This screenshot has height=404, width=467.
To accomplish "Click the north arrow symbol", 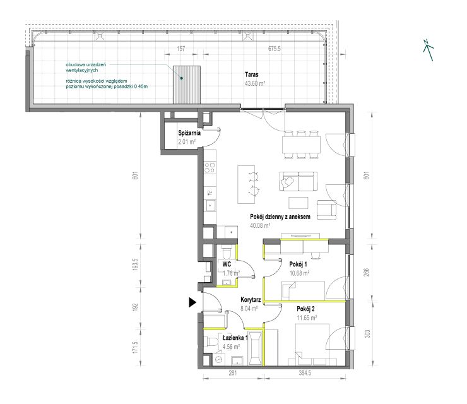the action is pos(429,50).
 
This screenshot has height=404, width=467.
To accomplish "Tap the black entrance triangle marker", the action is pos(192,302).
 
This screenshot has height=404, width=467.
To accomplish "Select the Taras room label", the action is pos(252,74).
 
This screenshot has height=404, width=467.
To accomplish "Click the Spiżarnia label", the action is pos(189,133).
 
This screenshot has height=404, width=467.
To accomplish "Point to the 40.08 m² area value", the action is pos(260,225).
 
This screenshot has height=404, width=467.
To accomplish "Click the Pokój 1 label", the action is pos(298,264).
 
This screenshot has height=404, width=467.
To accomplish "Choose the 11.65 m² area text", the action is pos(307,318).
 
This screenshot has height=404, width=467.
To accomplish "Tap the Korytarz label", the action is pos(251,300).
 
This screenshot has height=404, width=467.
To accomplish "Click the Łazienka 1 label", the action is pos(235,338).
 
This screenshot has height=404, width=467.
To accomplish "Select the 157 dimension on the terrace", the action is pos(181,49).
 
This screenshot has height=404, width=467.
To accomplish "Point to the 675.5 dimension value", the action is pos(275,49).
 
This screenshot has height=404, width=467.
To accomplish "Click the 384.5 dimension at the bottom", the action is pos(305,372).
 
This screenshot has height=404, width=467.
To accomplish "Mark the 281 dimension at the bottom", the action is pos(233,372).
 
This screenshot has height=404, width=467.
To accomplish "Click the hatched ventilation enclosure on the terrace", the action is pos(187,85).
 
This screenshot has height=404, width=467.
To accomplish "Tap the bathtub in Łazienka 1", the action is pos(256,348).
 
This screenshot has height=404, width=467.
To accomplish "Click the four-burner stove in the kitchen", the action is pos(210,167).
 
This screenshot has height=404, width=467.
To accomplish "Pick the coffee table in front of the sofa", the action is pos(299,203).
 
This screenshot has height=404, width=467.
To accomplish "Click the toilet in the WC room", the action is pos(227,252).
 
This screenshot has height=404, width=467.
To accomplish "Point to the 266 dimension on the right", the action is pos(366,272).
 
